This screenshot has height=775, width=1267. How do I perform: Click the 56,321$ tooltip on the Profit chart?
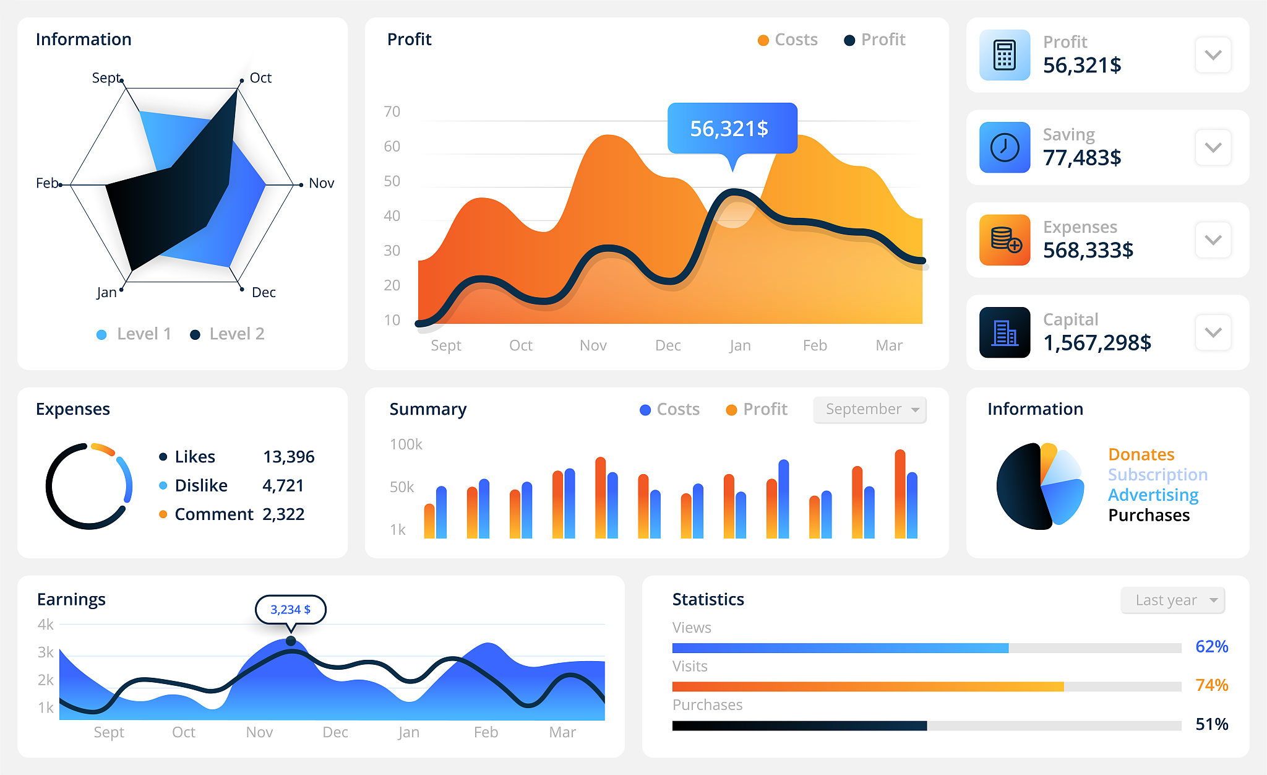coord(732,128)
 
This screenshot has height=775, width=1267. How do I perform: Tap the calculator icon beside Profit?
coord(1005,55)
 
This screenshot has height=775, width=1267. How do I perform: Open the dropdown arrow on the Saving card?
coord(1213,148)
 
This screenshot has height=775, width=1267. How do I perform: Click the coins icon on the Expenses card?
coord(1005,240)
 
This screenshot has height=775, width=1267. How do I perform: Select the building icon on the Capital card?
coord(1005,332)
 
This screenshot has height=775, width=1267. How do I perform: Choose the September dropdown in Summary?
coord(870,410)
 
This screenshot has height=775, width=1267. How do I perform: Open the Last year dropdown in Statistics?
coord(1173,600)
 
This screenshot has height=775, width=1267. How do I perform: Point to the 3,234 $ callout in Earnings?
coord(291,610)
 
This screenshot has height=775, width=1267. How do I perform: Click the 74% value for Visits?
coord(1212,685)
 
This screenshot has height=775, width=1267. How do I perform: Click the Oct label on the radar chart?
coord(260,78)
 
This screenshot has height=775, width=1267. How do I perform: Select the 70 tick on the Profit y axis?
coord(392,112)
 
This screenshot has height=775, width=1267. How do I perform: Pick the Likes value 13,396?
coord(289,457)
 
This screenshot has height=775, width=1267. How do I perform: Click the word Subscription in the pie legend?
coord(1157,475)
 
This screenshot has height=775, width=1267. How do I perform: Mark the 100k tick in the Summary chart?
coord(406,444)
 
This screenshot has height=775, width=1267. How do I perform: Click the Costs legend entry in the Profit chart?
coord(788,40)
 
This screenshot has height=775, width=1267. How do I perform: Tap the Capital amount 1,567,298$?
coord(1097,343)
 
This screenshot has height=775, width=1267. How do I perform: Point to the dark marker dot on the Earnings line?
coord(291,641)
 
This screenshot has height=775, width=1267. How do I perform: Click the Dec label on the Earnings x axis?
coord(335,732)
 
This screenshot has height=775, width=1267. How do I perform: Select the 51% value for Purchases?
coord(1212,724)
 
